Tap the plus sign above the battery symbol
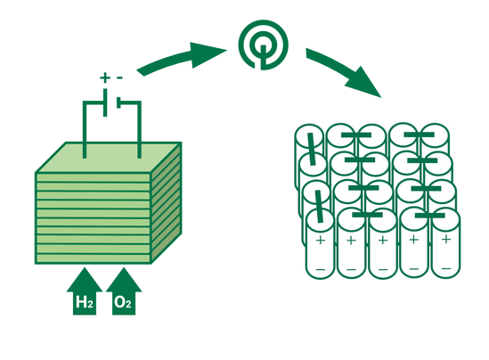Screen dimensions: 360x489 coord(104,78)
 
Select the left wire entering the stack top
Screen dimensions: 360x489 coord(86,134)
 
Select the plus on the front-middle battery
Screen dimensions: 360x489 coord(382,241)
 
